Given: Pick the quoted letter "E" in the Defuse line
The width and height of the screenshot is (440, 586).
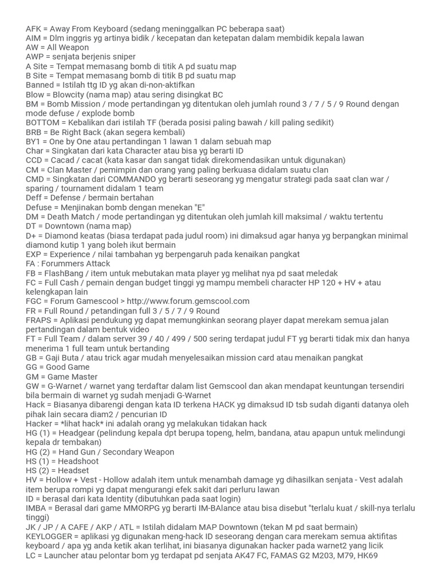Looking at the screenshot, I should [x=201, y=207].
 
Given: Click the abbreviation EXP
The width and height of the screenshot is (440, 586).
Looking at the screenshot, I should [x=34, y=254].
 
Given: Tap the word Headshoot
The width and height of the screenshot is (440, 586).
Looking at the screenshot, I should [x=76, y=461].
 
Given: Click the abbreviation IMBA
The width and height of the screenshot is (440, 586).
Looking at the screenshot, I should [x=36, y=508].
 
